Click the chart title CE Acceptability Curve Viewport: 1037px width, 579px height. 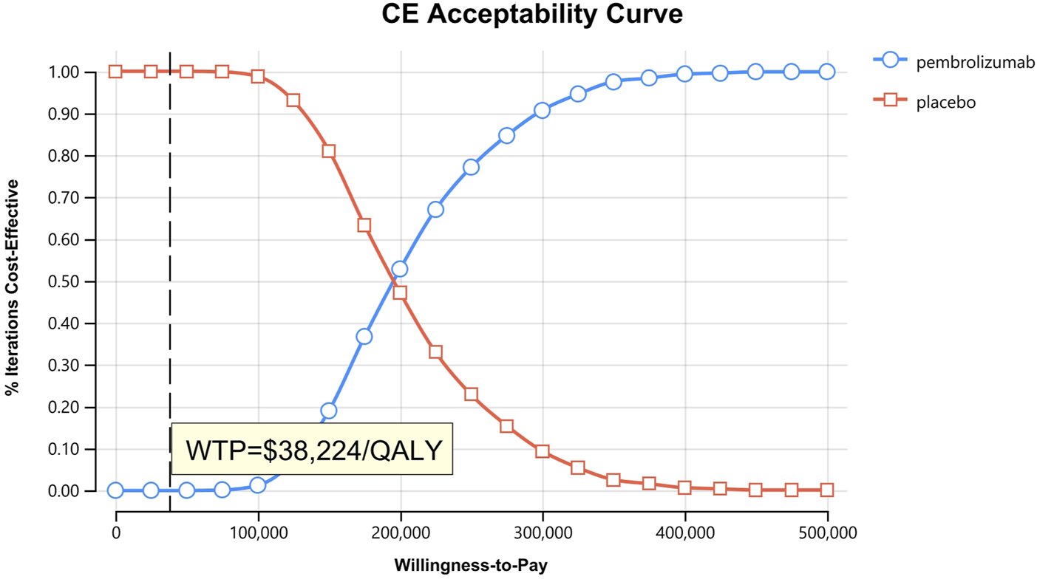(x=531, y=15)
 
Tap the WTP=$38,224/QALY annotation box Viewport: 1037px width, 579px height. (x=312, y=449)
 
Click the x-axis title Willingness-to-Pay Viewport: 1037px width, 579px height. (x=472, y=566)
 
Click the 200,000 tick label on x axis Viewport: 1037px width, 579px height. (x=401, y=532)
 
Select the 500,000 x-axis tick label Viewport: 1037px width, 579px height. (x=827, y=532)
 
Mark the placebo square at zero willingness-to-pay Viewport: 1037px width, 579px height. (x=115, y=72)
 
